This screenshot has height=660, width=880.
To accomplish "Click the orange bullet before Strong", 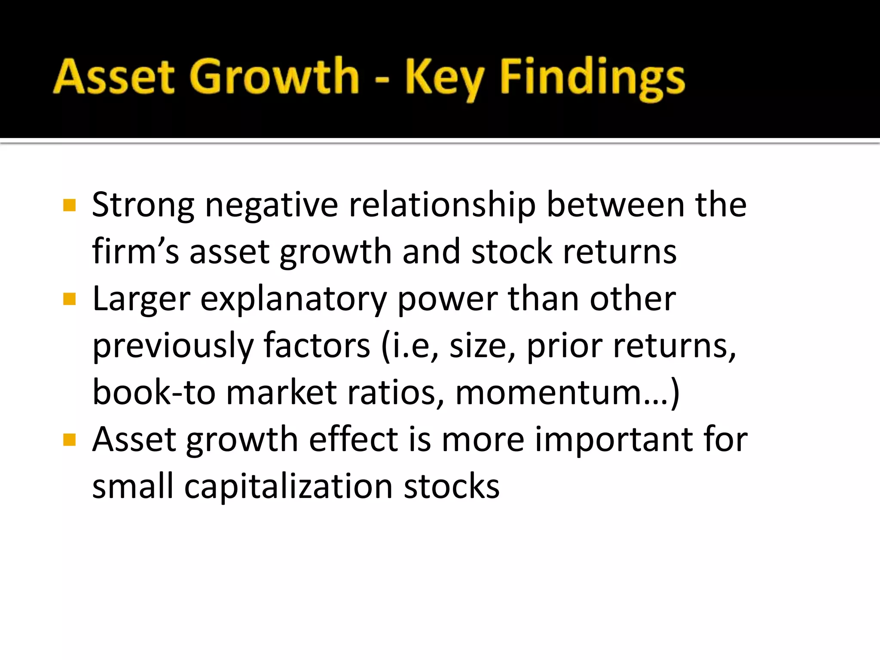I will [69, 205].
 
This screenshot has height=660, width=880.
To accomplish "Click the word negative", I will [272, 205].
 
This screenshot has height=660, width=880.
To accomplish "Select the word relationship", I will [442, 205].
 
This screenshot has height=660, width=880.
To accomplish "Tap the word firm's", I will [135, 251].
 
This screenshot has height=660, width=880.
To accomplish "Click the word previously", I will [173, 346].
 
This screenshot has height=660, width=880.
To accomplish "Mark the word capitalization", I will [288, 487].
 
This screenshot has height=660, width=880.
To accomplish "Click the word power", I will [447, 299].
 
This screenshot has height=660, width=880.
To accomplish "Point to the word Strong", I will [143, 205].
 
